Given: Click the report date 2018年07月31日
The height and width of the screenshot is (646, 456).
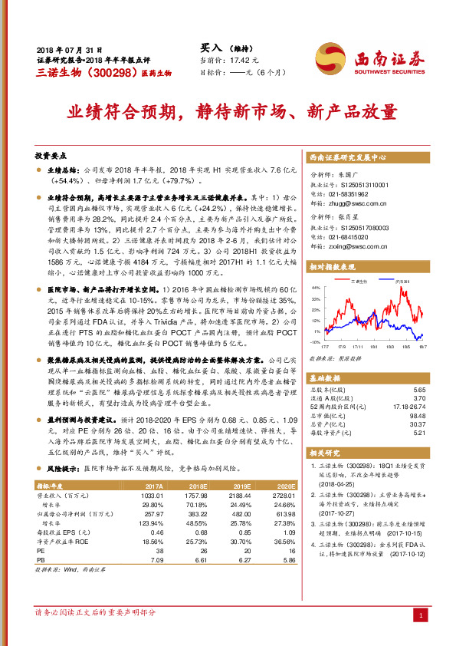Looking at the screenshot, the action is click(70, 48).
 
